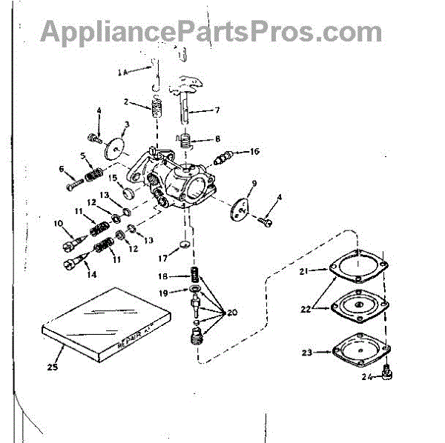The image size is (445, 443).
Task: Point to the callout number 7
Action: tap(217, 110)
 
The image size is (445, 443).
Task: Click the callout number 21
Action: tap(303, 272)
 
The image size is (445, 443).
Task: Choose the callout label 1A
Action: tap(123, 71)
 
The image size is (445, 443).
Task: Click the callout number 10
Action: tap(57, 223)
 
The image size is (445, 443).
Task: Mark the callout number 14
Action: tap(92, 274)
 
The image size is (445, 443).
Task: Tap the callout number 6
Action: tap(62, 169)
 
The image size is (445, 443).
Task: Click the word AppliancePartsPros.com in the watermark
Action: tap(211, 32)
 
